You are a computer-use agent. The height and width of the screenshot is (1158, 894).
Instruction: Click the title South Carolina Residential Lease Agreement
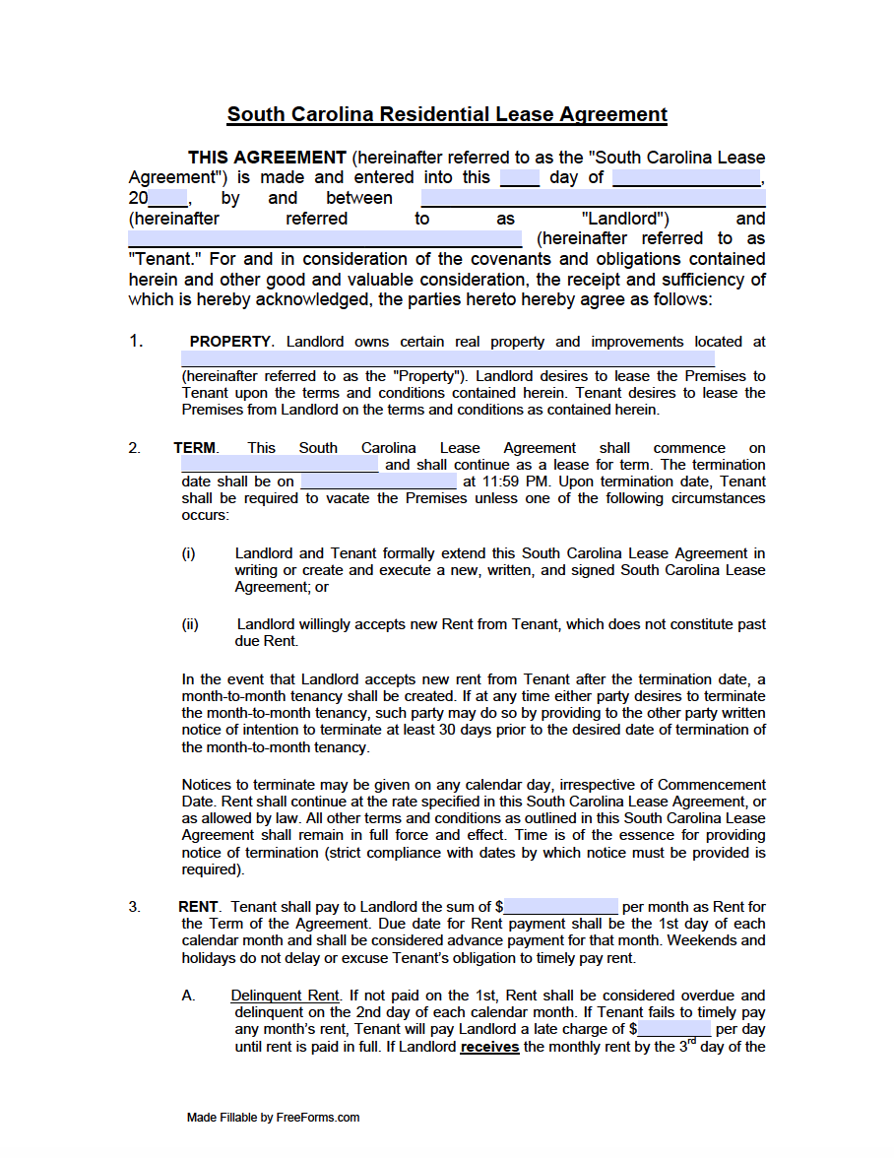(447, 114)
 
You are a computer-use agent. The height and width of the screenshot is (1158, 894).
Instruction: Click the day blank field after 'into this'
(520, 178)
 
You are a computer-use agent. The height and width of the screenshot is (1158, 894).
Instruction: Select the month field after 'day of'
(686, 178)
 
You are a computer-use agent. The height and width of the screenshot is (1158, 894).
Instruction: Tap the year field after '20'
(167, 198)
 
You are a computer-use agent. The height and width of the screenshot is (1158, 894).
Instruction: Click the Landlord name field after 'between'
(594, 198)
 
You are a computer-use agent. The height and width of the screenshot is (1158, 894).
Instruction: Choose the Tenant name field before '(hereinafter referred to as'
(325, 238)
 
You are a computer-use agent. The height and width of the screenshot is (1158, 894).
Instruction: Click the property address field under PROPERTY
(448, 358)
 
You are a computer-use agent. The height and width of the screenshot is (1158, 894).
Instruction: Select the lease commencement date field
(280, 465)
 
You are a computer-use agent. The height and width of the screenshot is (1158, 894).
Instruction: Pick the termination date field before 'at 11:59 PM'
(378, 482)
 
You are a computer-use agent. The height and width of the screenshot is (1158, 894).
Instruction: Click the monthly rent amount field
(561, 907)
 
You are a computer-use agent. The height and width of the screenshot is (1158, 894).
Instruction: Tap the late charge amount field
(673, 1029)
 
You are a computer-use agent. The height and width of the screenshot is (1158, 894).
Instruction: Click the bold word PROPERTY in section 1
(230, 342)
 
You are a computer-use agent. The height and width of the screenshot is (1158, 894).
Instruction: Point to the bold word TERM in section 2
(195, 448)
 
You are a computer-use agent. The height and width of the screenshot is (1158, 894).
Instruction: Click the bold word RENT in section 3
(199, 907)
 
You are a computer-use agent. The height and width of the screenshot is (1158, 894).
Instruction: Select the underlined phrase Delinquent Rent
(286, 996)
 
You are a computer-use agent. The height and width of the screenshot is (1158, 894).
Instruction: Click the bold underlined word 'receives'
(489, 1047)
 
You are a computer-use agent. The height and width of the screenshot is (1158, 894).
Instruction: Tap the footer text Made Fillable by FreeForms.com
(273, 1118)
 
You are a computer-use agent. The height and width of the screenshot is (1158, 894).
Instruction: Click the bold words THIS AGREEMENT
(267, 158)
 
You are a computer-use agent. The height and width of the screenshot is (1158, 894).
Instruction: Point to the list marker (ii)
(190, 624)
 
